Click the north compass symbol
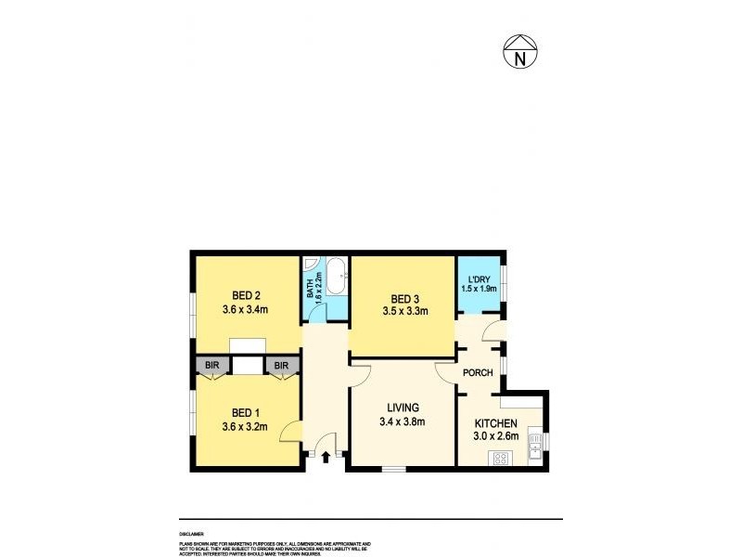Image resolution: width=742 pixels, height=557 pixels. point(521,54)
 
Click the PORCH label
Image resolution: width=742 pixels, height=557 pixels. point(478,373)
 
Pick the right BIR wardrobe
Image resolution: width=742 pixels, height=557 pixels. point(282,366)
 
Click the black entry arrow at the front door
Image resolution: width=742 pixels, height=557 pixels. point(326,457)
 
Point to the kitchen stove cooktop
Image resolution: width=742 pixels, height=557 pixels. point(503,457)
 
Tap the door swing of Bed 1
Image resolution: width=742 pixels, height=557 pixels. point(290,431)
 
